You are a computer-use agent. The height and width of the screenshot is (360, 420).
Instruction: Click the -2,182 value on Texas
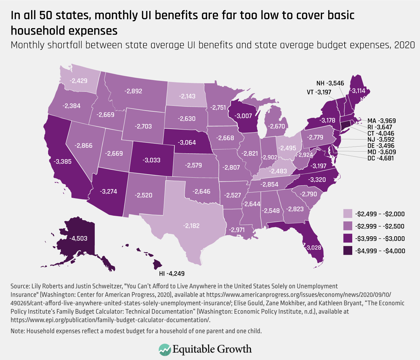click(191, 225)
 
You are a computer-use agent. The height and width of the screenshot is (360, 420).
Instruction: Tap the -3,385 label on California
click(62, 161)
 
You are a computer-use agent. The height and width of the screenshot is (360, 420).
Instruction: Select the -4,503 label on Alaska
click(78, 238)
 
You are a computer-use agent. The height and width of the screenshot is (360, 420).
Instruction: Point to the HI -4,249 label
click(172, 274)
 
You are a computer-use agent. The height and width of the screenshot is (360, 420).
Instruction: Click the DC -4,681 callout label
click(381, 158)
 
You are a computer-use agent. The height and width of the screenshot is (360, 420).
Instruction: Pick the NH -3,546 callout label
click(330, 83)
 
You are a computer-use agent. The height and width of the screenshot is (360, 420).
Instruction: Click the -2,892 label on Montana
click(133, 91)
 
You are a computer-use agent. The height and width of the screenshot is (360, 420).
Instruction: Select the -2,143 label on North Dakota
click(187, 96)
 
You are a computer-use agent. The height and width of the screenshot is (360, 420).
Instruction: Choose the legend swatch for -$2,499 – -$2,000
click(348, 214)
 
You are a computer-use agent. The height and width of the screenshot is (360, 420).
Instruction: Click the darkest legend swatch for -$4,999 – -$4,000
click(348, 251)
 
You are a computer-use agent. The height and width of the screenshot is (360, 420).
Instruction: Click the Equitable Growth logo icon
click(165, 349)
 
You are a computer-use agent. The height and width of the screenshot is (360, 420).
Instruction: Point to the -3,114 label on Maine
click(358, 91)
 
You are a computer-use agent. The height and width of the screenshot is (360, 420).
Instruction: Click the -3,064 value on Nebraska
click(187, 143)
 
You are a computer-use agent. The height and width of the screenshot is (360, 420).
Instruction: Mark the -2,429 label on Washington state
click(78, 80)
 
